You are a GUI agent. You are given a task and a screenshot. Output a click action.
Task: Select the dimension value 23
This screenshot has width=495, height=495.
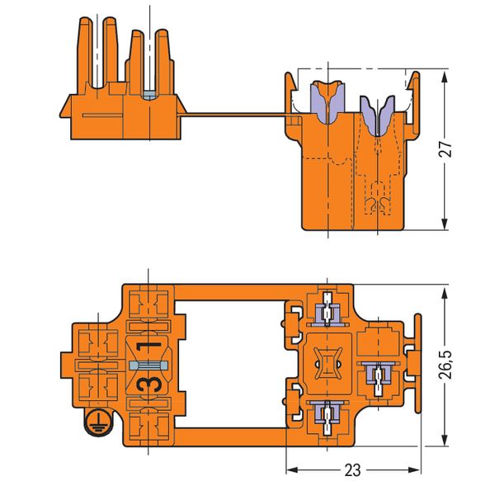pos(352,473)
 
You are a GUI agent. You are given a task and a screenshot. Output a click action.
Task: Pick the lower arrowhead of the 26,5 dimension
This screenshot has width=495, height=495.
pos(446,436)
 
